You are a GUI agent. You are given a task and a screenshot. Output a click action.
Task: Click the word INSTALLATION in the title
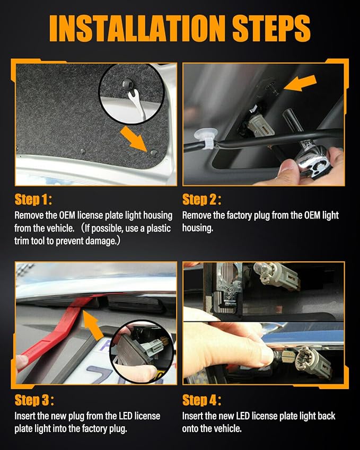pyautogui.click(x=137, y=28)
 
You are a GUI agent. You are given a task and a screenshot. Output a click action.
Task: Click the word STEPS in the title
pyautogui.click(x=271, y=28)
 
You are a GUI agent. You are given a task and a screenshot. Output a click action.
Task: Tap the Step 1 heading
pyautogui.click(x=33, y=199)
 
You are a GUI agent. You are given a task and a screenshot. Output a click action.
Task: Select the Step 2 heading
pyautogui.click(x=202, y=199)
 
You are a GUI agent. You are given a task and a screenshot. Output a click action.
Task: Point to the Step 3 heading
pyautogui.click(x=34, y=400)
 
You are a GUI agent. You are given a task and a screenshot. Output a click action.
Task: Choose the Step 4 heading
pyautogui.click(x=202, y=400)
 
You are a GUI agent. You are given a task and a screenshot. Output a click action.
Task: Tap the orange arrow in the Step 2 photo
pyautogui.click(x=300, y=83)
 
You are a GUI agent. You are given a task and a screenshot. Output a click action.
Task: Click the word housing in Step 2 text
pyautogui.click(x=197, y=228)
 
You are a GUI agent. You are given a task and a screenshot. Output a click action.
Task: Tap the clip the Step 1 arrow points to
pyautogui.click(x=154, y=153)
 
